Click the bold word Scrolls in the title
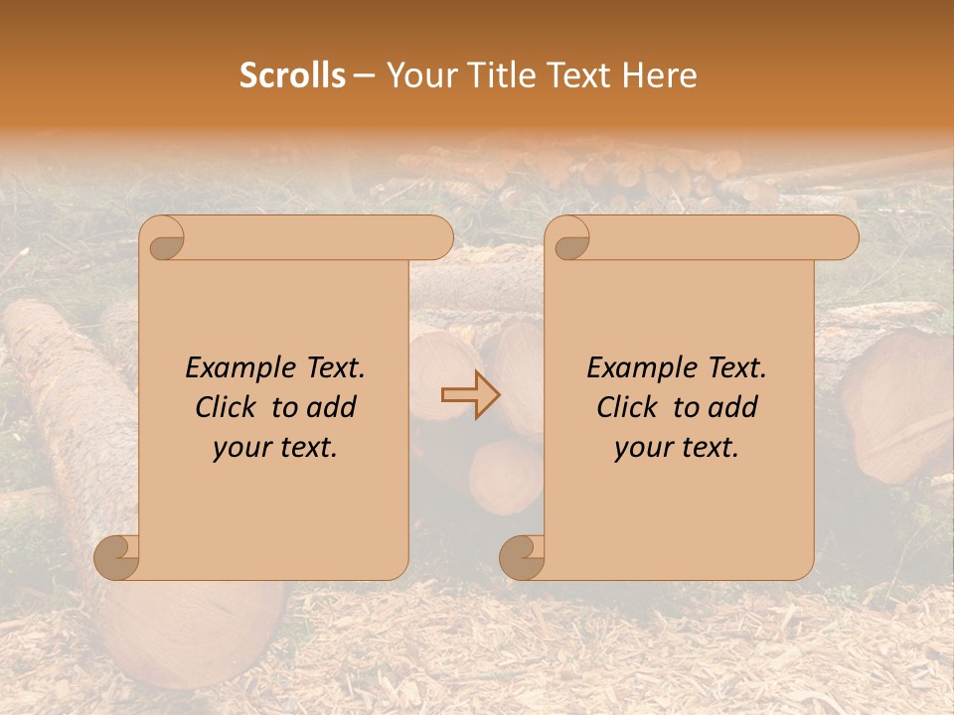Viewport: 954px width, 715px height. (x=292, y=75)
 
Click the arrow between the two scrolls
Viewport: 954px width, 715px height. (x=471, y=394)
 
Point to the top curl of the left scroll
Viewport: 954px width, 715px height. (x=163, y=238)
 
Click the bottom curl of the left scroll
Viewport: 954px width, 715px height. (x=117, y=557)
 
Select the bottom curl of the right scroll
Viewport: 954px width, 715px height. (x=522, y=557)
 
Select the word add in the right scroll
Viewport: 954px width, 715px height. (x=733, y=407)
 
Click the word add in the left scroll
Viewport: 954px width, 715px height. (x=332, y=407)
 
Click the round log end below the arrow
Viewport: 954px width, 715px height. (x=506, y=476)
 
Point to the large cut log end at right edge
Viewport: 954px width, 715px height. (x=899, y=407)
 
